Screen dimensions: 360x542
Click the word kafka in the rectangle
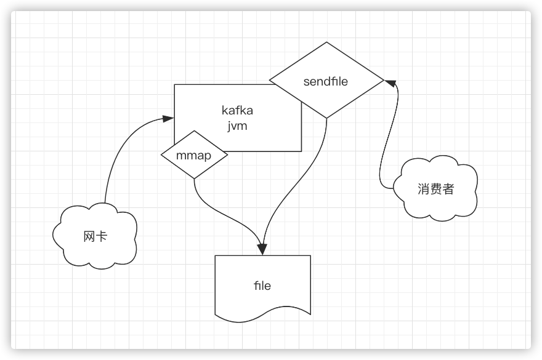pos(237,111)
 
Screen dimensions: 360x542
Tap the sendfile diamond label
pos(326,81)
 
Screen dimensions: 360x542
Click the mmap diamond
pos(193,156)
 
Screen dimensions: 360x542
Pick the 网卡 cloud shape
pos(95,236)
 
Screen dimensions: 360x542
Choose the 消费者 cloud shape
pos(435,189)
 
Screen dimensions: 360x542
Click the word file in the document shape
pos(262,286)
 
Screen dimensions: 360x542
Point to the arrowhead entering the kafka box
pos(168,118)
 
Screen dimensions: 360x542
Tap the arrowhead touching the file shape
pos(262,249)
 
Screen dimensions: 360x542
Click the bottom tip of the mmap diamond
pos(194,179)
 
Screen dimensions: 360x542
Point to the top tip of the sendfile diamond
pos(326,42)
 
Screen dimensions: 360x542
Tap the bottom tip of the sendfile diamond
pos(326,118)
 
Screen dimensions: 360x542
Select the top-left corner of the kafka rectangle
pos(175,84)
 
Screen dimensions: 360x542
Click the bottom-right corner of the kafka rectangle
pos(301,151)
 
